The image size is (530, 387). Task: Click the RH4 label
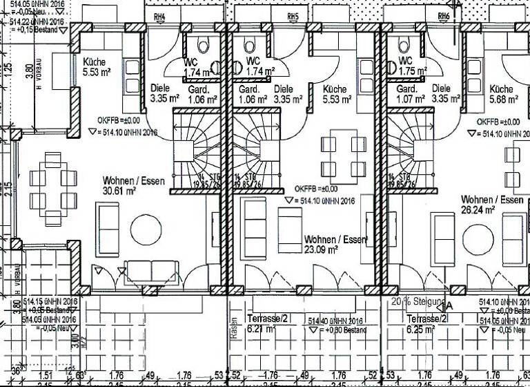pyautogui.click(x=160, y=16)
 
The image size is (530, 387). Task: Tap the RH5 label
pyautogui.click(x=293, y=16)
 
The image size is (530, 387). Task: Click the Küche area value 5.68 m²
pyautogui.click(x=502, y=100)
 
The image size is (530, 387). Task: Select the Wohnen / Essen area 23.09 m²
pyautogui.click(x=321, y=249)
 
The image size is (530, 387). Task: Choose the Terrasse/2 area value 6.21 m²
pyautogui.click(x=261, y=329)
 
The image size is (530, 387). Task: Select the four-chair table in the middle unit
pyautogui.click(x=343, y=155)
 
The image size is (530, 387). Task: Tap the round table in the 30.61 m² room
pyautogui.click(x=146, y=227)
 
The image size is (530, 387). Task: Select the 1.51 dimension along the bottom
pyautogui.click(x=47, y=375)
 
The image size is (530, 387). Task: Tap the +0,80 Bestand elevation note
pyautogui.click(x=346, y=330)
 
